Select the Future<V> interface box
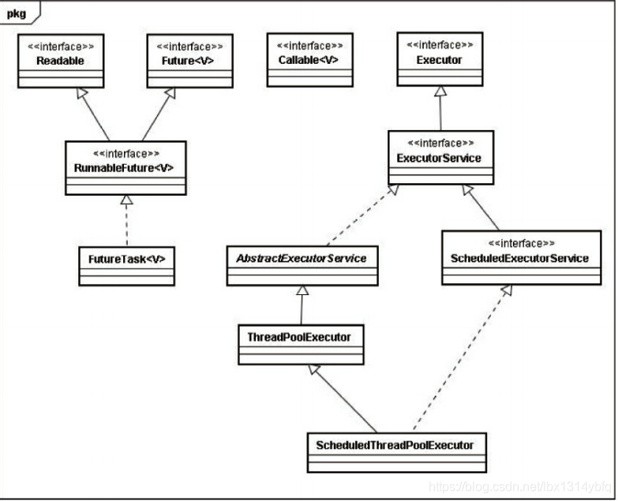tap(190, 60)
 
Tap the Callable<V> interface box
tap(309, 60)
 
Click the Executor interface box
tap(440, 60)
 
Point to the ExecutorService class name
tap(440, 159)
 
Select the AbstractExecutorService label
tap(301, 258)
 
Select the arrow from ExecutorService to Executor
tap(440, 110)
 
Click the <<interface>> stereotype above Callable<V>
tap(309, 46)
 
